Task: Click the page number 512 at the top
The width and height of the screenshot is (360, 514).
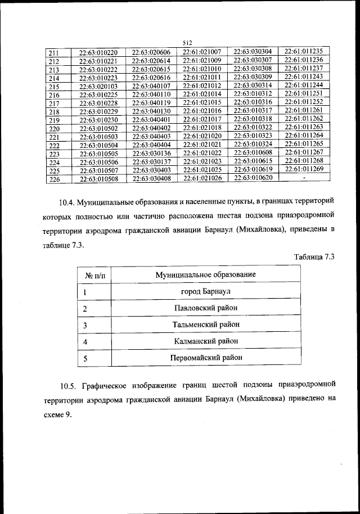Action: click(x=187, y=42)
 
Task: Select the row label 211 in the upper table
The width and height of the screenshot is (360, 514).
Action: click(x=54, y=53)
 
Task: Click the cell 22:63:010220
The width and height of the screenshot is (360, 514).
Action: click(x=98, y=53)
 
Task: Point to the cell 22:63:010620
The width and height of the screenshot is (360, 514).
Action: click(x=253, y=178)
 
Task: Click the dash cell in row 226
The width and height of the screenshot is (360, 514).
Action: click(x=304, y=178)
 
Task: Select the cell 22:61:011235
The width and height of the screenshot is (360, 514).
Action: click(x=304, y=52)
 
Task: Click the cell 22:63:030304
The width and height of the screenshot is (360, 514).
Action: click(x=253, y=52)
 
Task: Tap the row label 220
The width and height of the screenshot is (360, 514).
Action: click(x=54, y=129)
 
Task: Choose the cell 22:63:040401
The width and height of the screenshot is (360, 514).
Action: click(x=151, y=120)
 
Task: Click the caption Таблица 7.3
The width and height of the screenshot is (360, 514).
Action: click(x=314, y=257)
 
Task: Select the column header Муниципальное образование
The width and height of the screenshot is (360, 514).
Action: click(x=206, y=274)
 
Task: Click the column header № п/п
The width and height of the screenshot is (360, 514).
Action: click(x=98, y=275)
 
